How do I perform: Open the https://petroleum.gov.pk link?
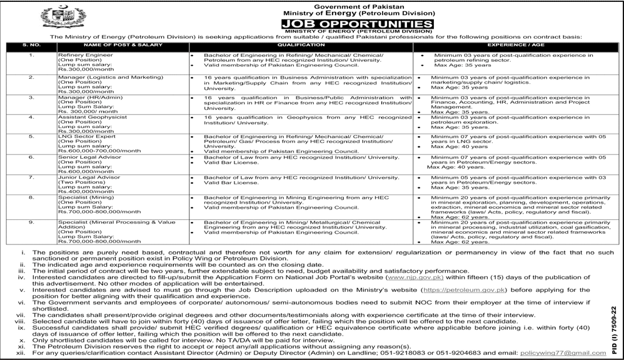[x=465, y=290]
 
